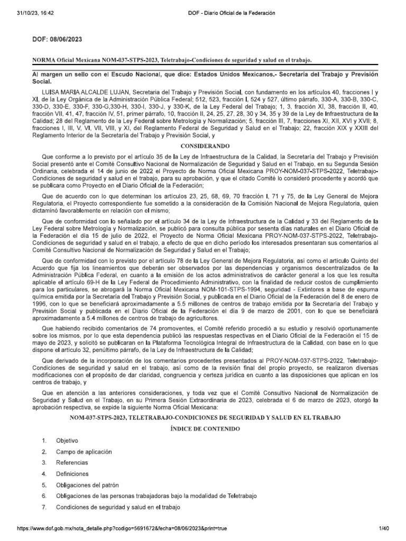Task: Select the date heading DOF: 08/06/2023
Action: tap(57, 40)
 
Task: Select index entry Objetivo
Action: tap(67, 440)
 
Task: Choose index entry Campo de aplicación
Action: tap(83, 452)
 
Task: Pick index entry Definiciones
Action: tap(72, 474)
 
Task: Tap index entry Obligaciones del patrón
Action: tap(88, 485)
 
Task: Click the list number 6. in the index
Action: tap(45, 496)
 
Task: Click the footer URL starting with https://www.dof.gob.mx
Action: tap(122, 528)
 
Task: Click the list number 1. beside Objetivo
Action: tap(45, 440)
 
